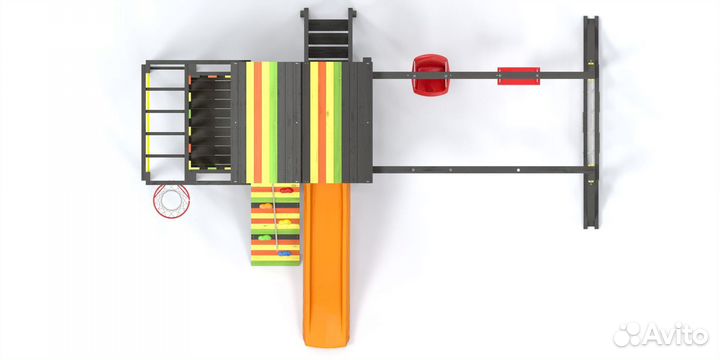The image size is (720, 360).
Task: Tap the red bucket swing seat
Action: pyautogui.click(x=430, y=75)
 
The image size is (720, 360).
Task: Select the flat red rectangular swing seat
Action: pyautogui.click(x=518, y=76)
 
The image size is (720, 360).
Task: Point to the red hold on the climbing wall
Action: pyautogui.click(x=286, y=190)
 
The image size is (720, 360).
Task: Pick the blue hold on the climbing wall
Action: pyautogui.click(x=284, y=253)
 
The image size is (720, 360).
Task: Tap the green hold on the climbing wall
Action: pyautogui.click(x=265, y=237)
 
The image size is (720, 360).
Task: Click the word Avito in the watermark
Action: pyautogui.click(x=675, y=334)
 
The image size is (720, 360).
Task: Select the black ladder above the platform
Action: pyautogui.click(x=328, y=35)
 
